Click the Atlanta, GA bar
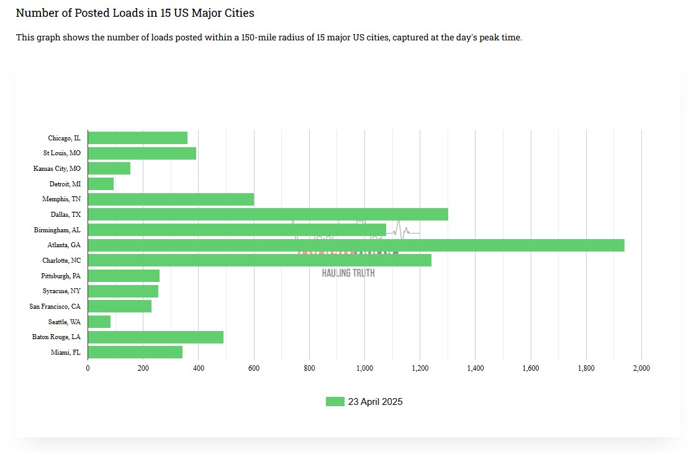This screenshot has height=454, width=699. (356, 245)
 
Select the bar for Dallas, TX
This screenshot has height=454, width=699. (268, 214)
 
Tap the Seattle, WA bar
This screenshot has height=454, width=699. (99, 322)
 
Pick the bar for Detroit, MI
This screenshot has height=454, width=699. (101, 184)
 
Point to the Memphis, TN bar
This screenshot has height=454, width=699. (171, 199)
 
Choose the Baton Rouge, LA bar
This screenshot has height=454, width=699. (155, 337)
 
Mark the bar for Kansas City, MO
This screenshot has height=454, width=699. (109, 168)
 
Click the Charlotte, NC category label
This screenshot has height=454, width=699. (61, 260)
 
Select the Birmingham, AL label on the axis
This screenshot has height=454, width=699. (57, 230)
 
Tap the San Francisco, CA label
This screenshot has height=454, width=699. (55, 306)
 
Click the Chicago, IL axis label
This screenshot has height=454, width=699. (64, 138)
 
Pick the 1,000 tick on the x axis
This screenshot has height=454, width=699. (364, 368)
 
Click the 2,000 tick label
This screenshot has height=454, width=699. (641, 368)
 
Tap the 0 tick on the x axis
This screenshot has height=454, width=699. (88, 368)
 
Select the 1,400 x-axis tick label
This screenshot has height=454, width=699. (475, 368)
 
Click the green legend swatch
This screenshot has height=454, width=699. (335, 402)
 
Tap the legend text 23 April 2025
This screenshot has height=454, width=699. (375, 402)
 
